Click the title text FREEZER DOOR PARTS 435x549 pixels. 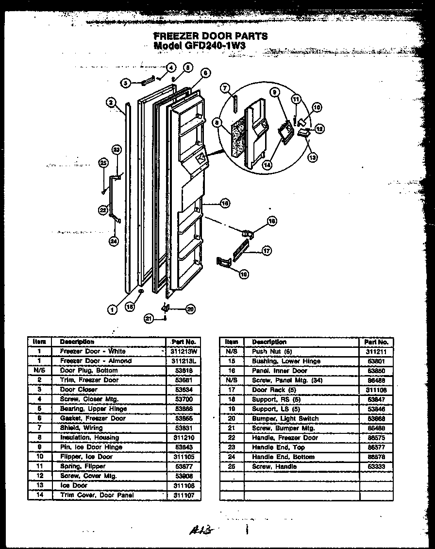tap(210, 36)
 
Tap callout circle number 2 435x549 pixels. tap(111, 103)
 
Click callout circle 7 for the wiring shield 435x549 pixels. tap(224, 87)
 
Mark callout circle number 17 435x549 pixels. tap(266, 251)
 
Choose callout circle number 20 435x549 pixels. tap(190, 308)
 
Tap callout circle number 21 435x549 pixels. tap(149, 318)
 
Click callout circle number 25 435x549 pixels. tap(103, 163)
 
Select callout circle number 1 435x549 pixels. tap(112, 308)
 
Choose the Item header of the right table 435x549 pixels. tap(232, 342)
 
